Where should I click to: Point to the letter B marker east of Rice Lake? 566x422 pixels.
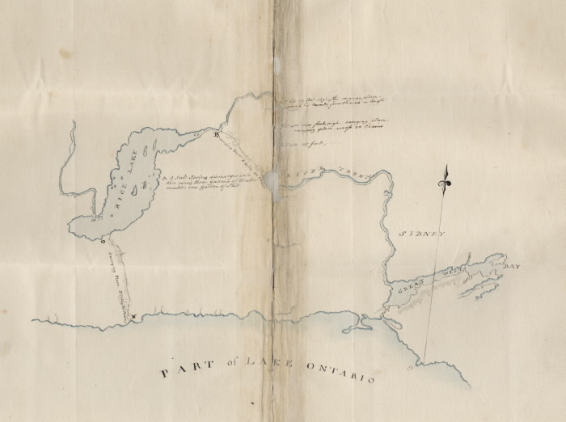click(x=216, y=137)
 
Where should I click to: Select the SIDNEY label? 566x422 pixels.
click(x=423, y=234)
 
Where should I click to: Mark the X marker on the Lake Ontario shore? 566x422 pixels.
click(x=134, y=318)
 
